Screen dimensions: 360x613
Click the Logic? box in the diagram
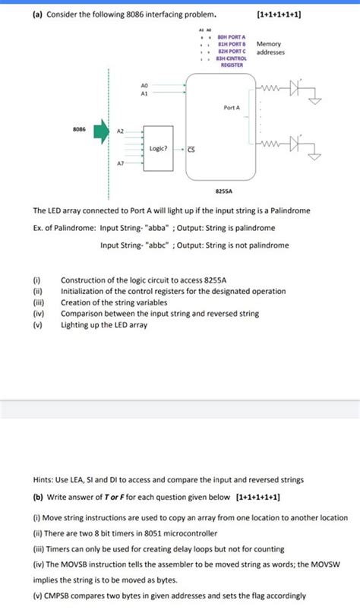click(159, 148)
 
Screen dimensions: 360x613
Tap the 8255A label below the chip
click(224, 193)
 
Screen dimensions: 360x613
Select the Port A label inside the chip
click(232, 109)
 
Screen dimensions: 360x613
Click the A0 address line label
click(145, 86)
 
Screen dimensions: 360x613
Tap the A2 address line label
click(120, 131)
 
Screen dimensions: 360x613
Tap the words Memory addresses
click(270, 48)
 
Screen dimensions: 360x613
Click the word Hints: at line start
click(43, 479)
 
